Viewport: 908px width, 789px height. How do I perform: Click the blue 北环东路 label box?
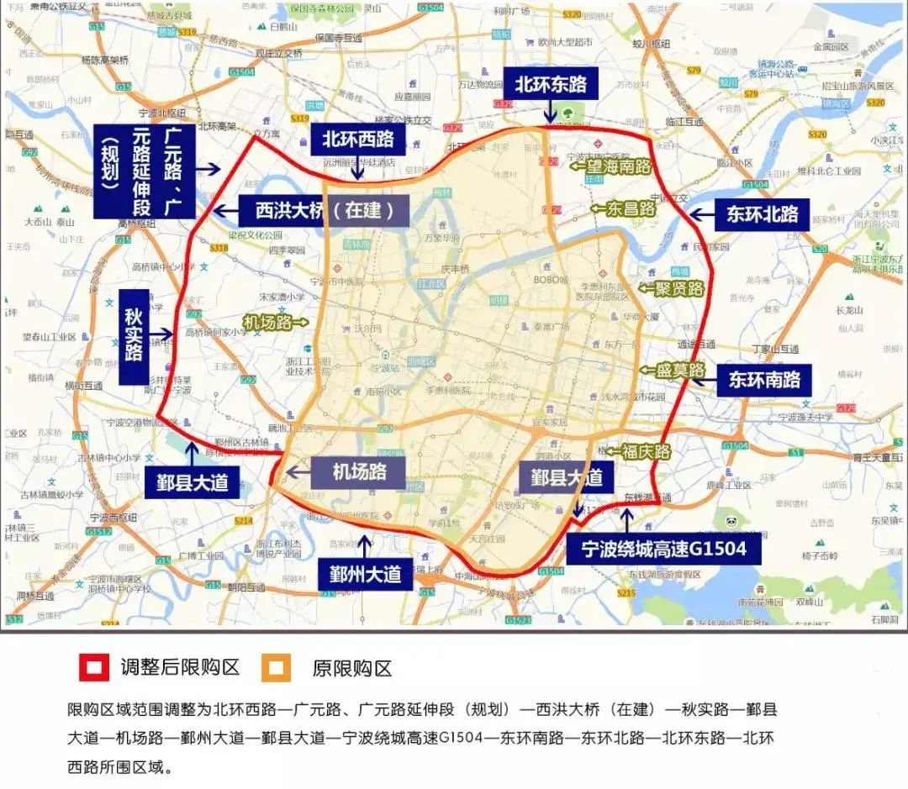(551, 84)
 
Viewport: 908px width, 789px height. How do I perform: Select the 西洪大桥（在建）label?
(324, 211)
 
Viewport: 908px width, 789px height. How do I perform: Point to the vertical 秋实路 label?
(134, 335)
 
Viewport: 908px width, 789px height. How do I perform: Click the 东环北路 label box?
(763, 215)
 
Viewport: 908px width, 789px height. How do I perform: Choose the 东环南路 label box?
(763, 379)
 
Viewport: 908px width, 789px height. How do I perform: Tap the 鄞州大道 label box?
(365, 575)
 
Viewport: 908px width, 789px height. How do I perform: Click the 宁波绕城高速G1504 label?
(663, 550)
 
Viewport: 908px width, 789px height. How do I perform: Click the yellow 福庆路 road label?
(646, 451)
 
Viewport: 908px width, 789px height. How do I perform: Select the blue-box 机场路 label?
(359, 472)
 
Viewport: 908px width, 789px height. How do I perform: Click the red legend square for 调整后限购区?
(93, 669)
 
